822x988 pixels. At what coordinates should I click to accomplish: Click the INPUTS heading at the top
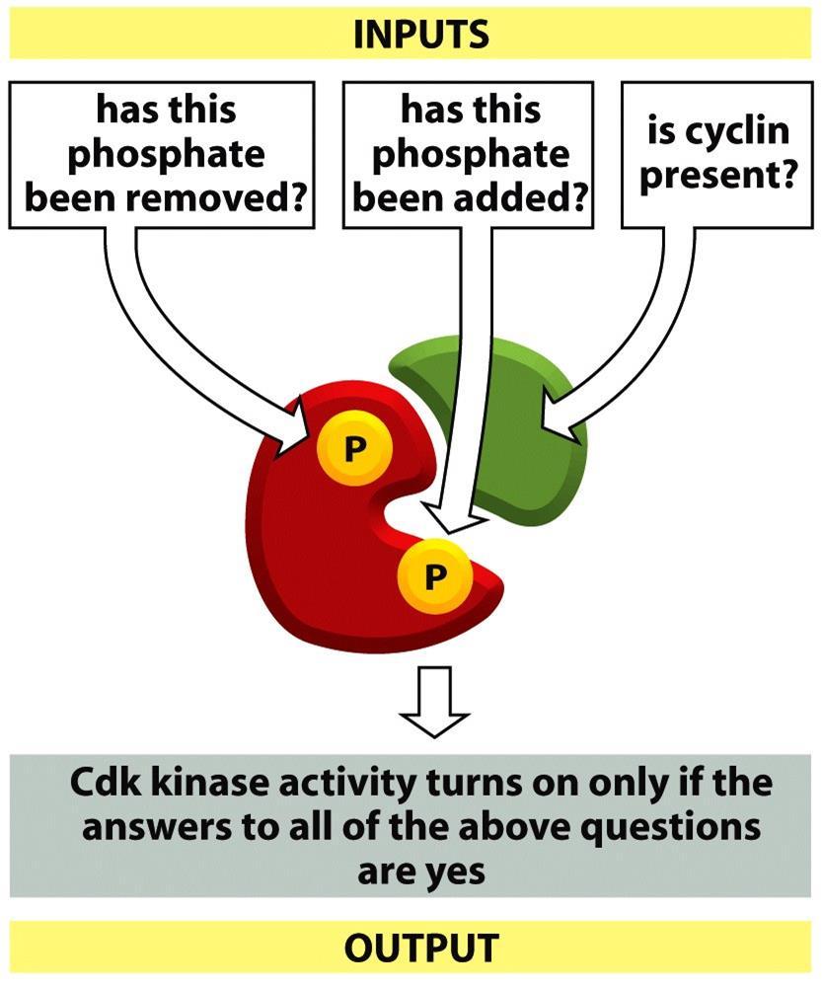(x=420, y=35)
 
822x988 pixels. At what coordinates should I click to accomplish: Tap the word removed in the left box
(x=214, y=198)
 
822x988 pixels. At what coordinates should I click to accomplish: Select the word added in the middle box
(x=515, y=198)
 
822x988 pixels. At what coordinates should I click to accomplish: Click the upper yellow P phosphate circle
(x=354, y=448)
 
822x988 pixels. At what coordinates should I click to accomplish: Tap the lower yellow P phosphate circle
(x=434, y=575)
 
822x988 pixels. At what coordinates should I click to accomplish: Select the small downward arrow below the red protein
(x=434, y=702)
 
